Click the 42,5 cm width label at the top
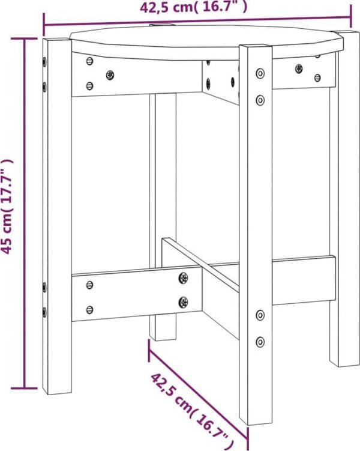point(193,7)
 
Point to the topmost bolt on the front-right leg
point(260,73)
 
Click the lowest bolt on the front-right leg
point(260,342)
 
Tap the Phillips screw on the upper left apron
point(110,75)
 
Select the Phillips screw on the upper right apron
point(299,68)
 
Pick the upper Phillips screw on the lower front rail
point(184,278)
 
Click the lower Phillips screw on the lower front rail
point(184,302)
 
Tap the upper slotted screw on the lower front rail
point(89,285)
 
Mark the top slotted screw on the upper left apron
point(89,61)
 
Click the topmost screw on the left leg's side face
point(44,62)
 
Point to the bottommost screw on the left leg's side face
point(44,312)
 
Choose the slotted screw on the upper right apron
point(317,77)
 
